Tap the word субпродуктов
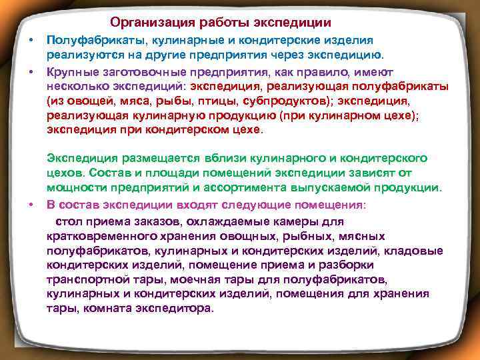288,101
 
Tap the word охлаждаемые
224,220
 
